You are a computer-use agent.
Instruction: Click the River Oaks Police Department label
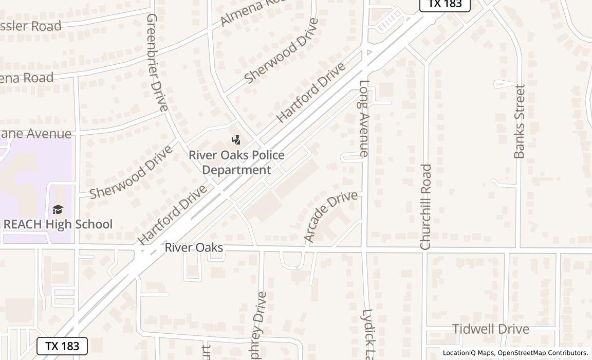coord(236,162)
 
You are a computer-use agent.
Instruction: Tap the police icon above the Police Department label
coord(236,139)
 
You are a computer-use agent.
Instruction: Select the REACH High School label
coord(58,224)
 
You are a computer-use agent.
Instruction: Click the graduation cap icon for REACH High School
coord(58,209)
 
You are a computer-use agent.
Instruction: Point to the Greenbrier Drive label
coord(157,62)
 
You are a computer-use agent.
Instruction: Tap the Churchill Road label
coord(425,207)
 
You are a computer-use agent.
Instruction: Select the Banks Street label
coord(520,121)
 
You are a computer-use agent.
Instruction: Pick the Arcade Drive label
coord(330,216)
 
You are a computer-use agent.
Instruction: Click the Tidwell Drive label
coord(490,329)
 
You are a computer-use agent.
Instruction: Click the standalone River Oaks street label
coord(194,248)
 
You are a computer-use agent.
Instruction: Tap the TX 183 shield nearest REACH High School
coord(62,346)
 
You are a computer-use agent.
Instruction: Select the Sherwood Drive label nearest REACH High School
coord(131,172)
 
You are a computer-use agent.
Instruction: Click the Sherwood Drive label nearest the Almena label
coord(281,50)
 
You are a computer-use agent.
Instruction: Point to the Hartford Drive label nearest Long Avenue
coord(311,93)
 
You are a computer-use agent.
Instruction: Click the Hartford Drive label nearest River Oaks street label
coord(172,214)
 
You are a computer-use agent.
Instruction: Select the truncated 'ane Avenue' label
coord(35,134)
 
